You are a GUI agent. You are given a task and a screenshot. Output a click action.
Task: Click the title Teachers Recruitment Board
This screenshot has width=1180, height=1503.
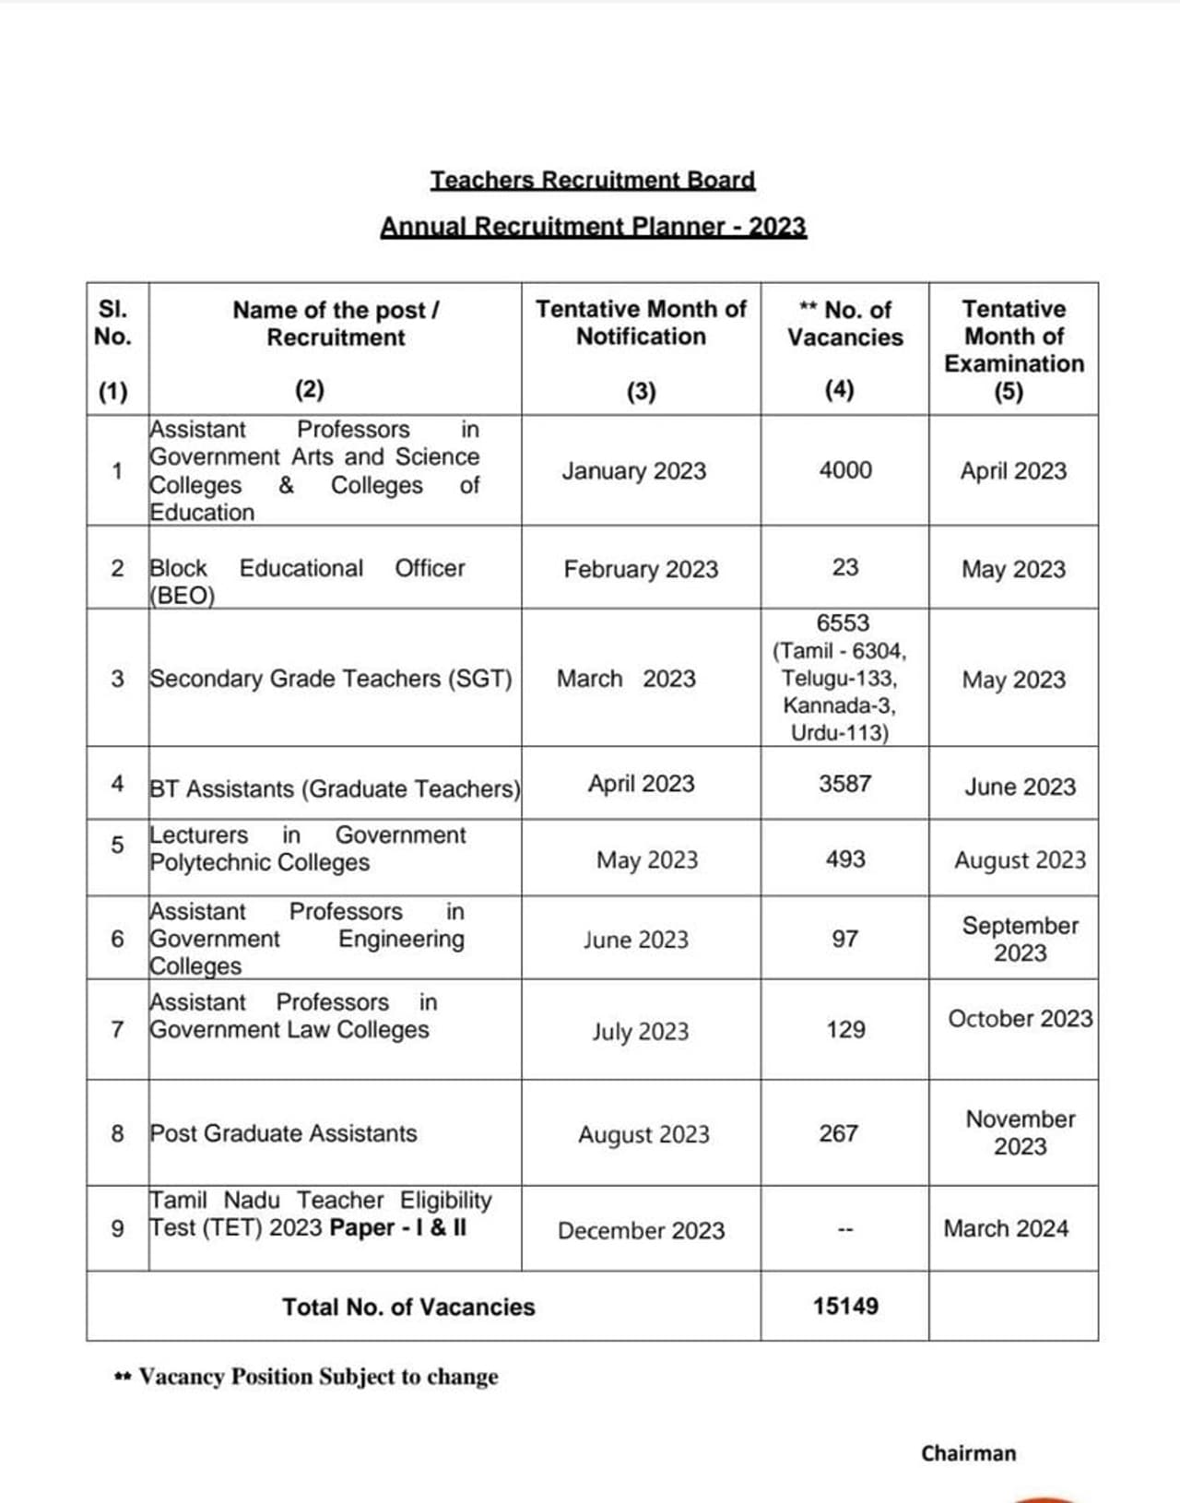point(593,180)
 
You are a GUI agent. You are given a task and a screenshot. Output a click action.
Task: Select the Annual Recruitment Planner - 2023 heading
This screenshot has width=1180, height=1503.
point(593,226)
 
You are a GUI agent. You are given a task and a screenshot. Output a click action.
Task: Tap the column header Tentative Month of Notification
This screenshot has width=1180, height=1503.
point(641,323)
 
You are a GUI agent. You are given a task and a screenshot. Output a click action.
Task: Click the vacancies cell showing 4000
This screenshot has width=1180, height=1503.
point(845,470)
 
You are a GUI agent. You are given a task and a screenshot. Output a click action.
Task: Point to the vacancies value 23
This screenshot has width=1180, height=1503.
point(845,567)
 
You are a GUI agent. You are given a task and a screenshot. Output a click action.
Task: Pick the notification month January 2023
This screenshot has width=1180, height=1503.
point(634,471)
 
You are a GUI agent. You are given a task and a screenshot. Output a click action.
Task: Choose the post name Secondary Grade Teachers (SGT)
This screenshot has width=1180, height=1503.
point(331,679)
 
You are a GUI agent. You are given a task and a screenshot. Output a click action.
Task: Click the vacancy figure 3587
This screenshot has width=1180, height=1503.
point(845,784)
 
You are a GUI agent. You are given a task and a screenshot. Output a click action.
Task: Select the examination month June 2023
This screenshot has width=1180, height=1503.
point(1020,787)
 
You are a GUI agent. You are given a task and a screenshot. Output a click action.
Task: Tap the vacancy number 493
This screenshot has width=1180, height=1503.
point(845,859)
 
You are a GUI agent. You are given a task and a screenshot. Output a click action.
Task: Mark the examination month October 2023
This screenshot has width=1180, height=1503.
point(1020,1019)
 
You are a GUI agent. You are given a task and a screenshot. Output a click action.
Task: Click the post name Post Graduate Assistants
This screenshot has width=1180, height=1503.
point(284,1133)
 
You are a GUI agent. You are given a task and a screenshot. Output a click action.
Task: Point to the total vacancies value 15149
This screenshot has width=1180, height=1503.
point(845,1306)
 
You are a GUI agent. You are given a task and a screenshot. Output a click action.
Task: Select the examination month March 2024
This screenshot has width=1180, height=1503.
point(1006,1229)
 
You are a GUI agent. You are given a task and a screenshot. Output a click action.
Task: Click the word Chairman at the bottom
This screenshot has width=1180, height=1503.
point(968,1453)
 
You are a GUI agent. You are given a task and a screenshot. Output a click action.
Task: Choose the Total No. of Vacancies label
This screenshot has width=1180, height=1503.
point(408,1307)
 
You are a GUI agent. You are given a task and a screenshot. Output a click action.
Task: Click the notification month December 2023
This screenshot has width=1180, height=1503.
point(641,1231)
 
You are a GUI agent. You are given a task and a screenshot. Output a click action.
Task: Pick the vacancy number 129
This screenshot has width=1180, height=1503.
point(845,1030)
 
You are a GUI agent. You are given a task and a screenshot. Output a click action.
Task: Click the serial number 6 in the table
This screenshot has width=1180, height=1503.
point(117,939)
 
